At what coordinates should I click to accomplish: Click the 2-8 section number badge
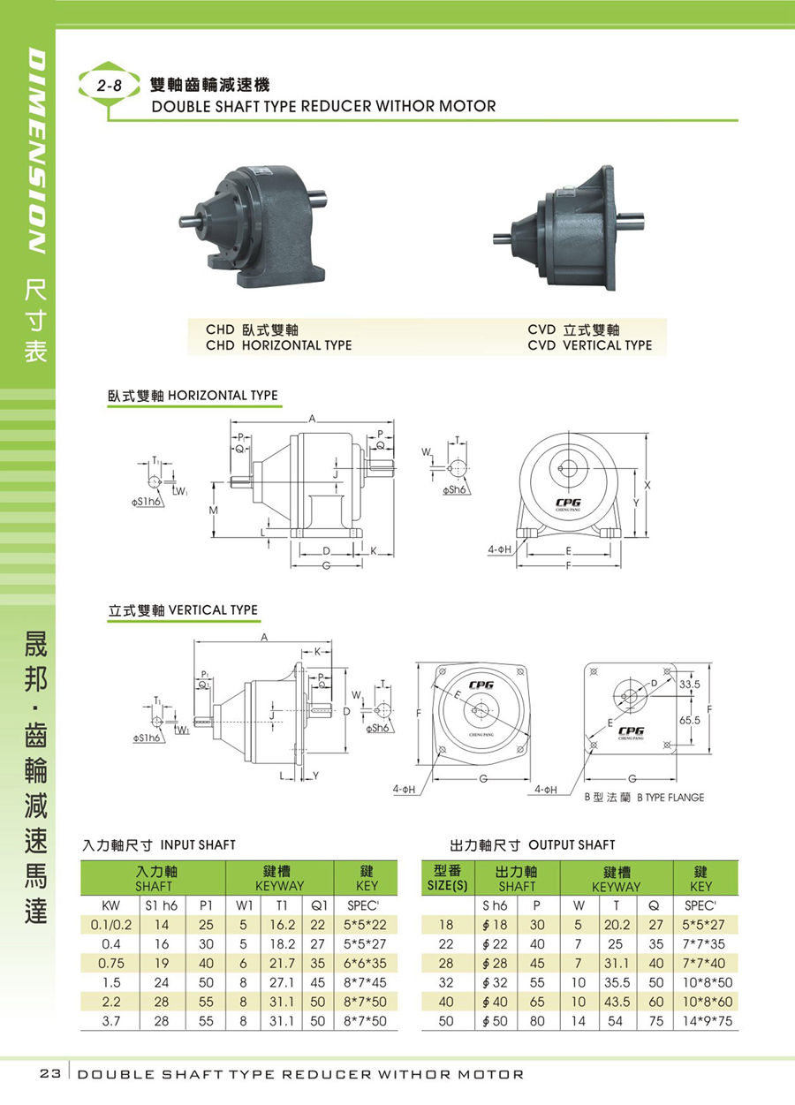(x=109, y=86)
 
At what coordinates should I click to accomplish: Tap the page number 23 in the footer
(x=49, y=1074)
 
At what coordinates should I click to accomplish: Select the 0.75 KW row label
(x=111, y=963)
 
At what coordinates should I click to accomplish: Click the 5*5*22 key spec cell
(x=365, y=925)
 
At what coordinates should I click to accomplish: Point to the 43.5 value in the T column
(x=617, y=1002)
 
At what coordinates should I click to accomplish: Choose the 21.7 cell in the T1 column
(x=282, y=963)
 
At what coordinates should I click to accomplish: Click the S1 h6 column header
(x=162, y=905)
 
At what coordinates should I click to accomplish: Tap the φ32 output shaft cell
(x=496, y=982)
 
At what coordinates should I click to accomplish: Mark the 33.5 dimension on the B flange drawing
(x=690, y=685)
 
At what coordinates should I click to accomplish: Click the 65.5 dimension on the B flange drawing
(x=690, y=720)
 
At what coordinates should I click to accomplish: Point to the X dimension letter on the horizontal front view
(x=647, y=486)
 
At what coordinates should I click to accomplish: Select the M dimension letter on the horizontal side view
(x=213, y=510)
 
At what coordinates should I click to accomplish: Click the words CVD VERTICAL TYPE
(x=589, y=345)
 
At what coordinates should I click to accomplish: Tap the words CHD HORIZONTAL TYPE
(x=278, y=345)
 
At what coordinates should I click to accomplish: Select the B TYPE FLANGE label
(x=670, y=798)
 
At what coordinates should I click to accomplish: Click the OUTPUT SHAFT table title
(x=572, y=845)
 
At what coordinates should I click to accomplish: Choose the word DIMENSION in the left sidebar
(x=37, y=151)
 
